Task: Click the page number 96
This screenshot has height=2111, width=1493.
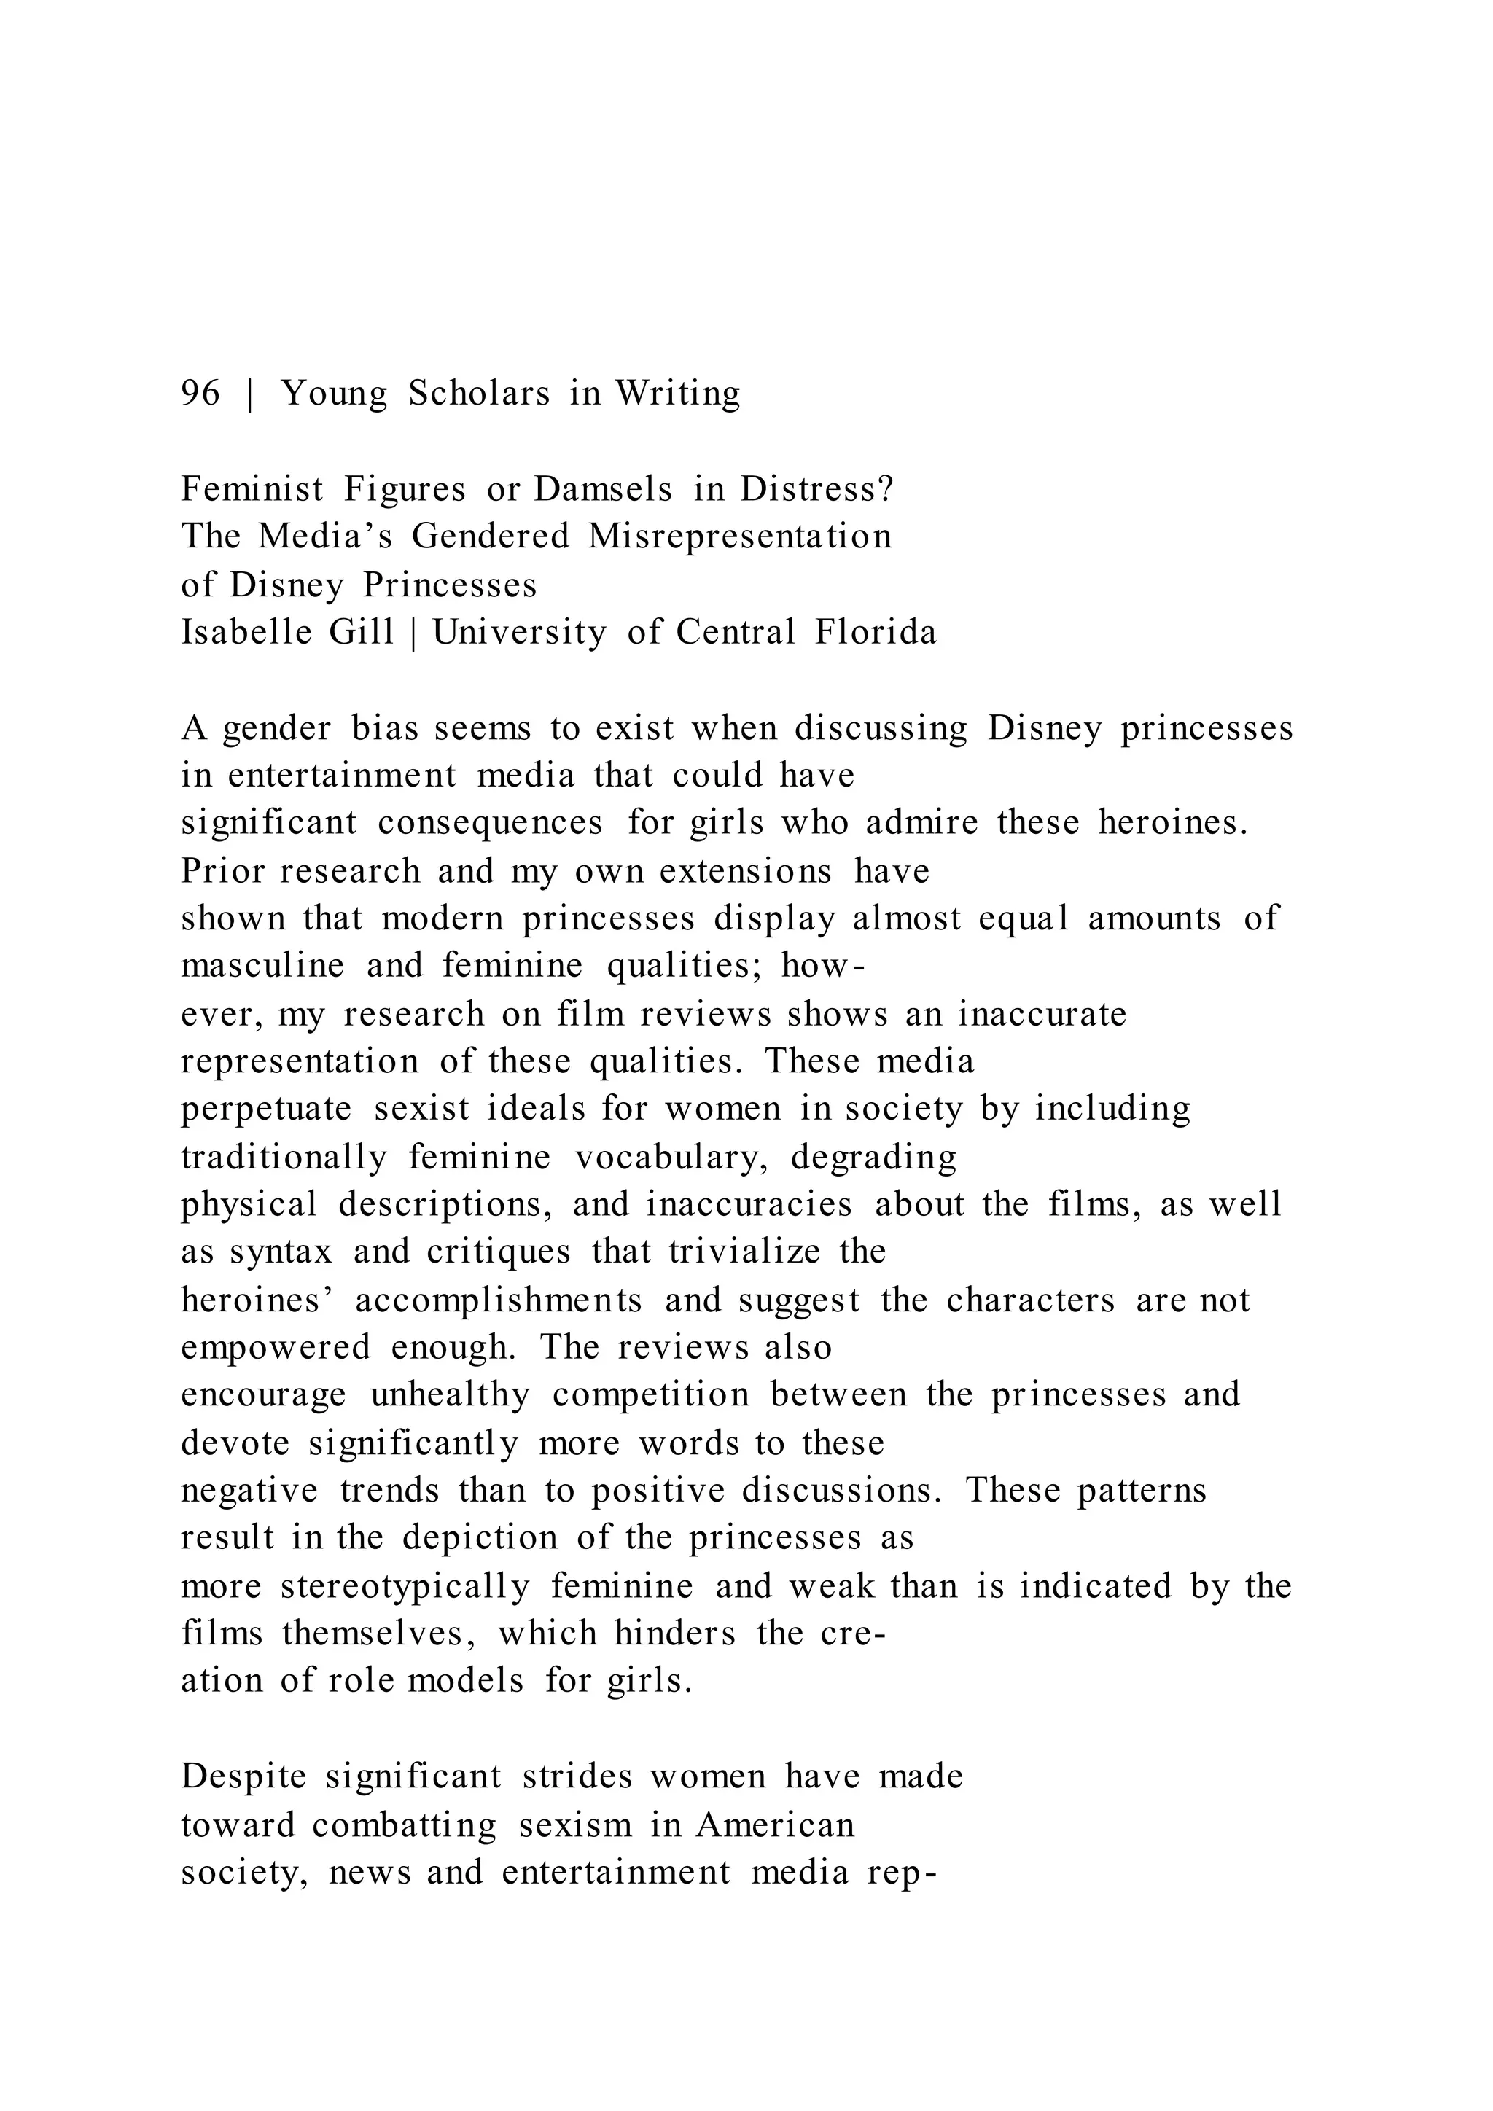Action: (x=200, y=394)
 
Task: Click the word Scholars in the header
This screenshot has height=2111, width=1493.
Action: (x=479, y=394)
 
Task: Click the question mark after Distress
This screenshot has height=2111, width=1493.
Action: (x=886, y=489)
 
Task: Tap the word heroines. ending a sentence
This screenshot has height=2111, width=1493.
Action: (x=1174, y=822)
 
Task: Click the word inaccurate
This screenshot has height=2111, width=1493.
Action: (x=1042, y=1014)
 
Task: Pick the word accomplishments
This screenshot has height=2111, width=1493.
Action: (x=499, y=1300)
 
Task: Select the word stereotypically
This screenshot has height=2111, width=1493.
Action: (x=405, y=1586)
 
